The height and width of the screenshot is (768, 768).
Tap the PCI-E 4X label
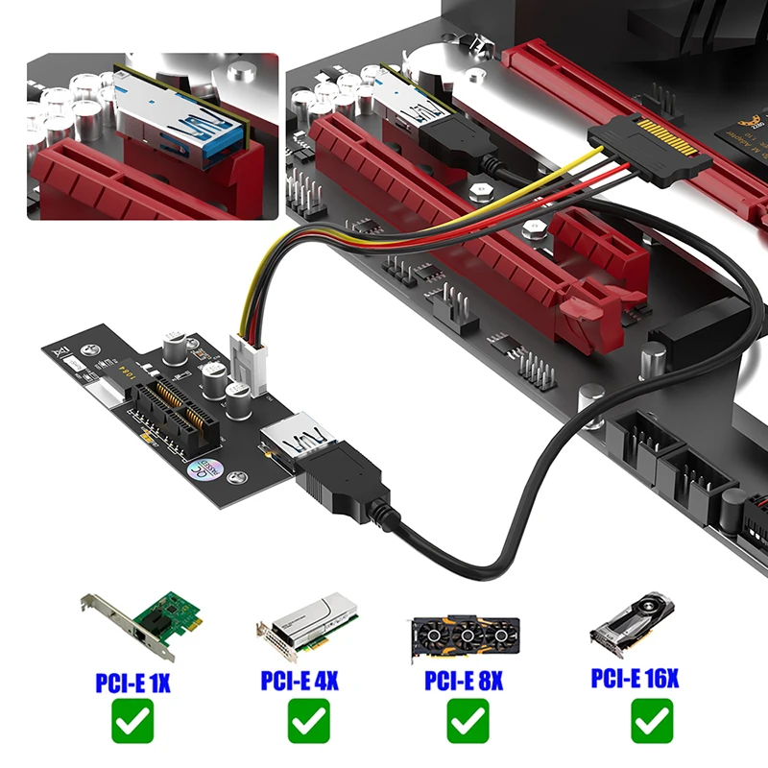299,682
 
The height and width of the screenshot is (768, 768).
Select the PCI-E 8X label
465,683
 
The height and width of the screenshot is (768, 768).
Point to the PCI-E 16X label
635,680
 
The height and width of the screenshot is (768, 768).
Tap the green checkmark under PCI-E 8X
468,722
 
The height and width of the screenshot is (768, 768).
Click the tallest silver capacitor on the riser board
176,349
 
